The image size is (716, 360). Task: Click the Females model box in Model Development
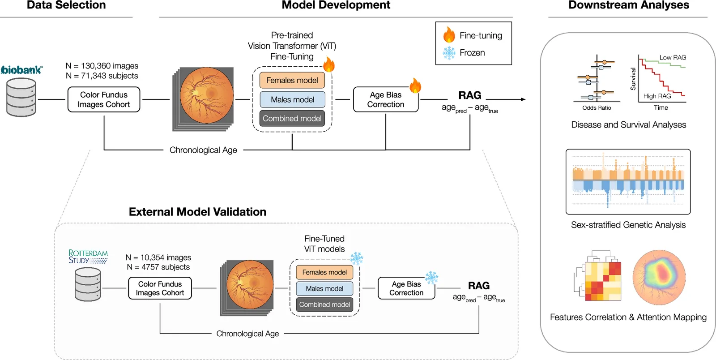point(292,80)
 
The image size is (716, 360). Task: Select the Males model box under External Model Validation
point(324,289)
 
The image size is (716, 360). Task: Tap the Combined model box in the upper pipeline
point(292,118)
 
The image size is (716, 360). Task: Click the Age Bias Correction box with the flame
point(386,99)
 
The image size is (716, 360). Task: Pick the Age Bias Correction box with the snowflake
point(406,288)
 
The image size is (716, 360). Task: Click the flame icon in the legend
point(449,35)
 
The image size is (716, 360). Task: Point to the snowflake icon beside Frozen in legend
point(449,53)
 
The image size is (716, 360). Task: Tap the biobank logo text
point(22,70)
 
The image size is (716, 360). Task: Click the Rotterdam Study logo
point(88,257)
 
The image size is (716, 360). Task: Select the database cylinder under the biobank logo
point(21,97)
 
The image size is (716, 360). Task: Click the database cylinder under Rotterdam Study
point(88,284)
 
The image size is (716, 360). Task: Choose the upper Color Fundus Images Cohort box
point(104,99)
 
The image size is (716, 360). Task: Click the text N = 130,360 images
point(102,66)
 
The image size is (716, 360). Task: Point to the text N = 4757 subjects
point(158,267)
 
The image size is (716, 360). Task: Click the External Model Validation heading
point(197,212)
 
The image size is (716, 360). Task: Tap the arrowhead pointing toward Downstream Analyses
point(523,99)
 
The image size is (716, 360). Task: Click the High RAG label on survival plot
point(657,96)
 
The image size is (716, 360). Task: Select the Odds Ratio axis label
point(597,108)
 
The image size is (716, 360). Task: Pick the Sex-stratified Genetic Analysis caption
point(628,225)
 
